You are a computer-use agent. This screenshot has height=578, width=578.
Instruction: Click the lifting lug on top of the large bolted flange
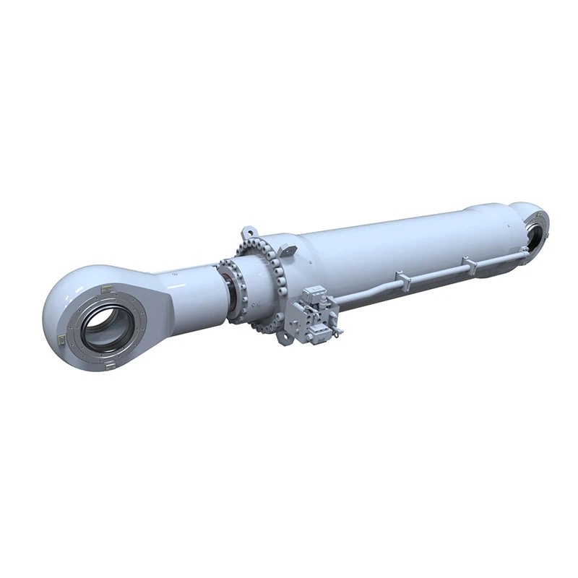point(249,234)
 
